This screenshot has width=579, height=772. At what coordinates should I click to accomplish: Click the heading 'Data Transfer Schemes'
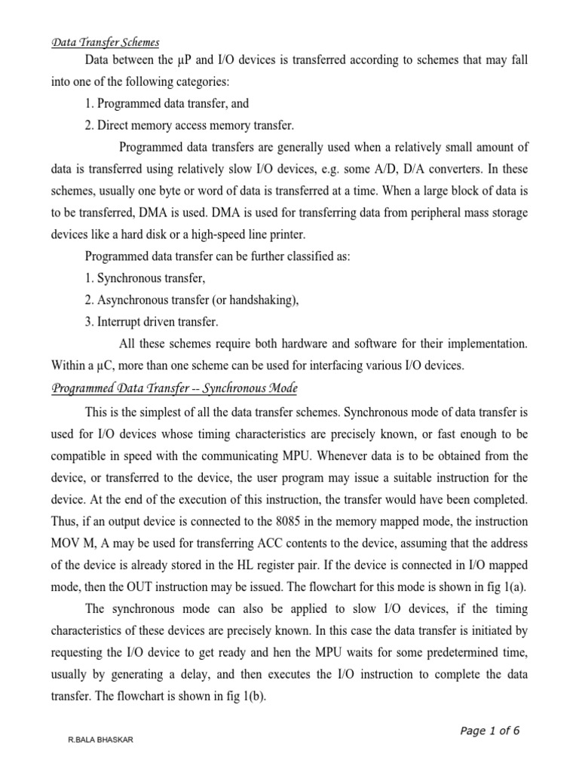click(x=105, y=42)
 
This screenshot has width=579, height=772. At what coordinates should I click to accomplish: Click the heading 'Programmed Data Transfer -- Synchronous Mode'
click(x=174, y=389)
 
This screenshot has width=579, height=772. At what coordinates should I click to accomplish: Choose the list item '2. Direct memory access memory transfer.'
click(x=189, y=124)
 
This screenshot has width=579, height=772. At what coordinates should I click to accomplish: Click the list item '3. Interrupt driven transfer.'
click(x=152, y=322)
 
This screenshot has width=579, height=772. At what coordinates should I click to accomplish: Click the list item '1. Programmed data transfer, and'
click(x=167, y=103)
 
